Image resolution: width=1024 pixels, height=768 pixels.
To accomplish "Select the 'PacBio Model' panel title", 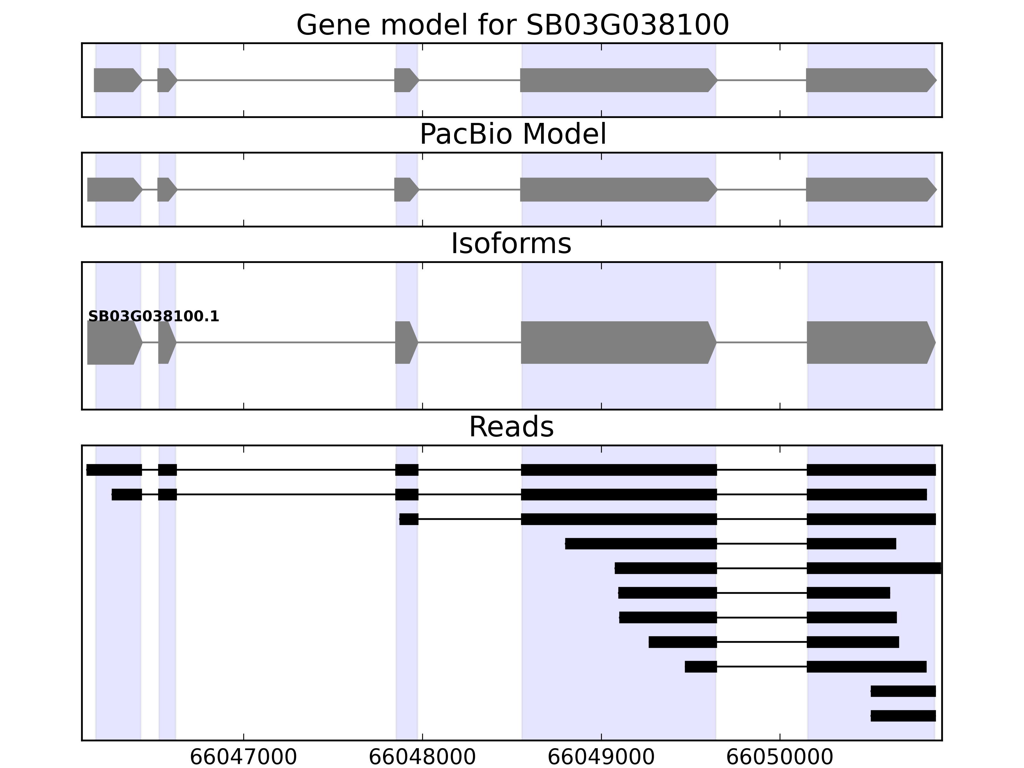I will click(x=512, y=134).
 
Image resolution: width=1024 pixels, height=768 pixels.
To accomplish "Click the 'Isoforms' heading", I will click(x=511, y=244).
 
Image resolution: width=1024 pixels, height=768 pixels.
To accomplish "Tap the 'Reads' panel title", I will click(x=511, y=427).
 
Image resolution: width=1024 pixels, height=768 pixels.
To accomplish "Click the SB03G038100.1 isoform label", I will click(x=153, y=317).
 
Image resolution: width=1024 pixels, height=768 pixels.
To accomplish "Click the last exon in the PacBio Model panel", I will click(x=869, y=189).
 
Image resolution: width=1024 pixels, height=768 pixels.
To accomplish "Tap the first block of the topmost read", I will click(x=114, y=470).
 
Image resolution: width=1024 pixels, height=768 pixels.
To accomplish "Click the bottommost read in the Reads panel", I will click(x=903, y=716).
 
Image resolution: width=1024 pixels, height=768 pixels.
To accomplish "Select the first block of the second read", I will click(x=126, y=494).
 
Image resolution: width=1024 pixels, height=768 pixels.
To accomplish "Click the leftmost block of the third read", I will click(x=409, y=519).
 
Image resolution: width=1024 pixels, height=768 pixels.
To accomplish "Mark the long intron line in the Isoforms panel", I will click(x=285, y=343).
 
